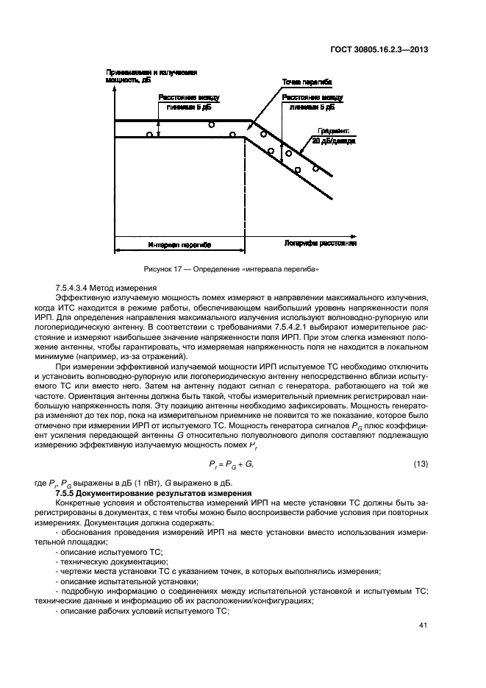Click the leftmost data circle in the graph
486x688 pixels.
click(149, 135)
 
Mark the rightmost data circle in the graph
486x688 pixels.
click(316, 168)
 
